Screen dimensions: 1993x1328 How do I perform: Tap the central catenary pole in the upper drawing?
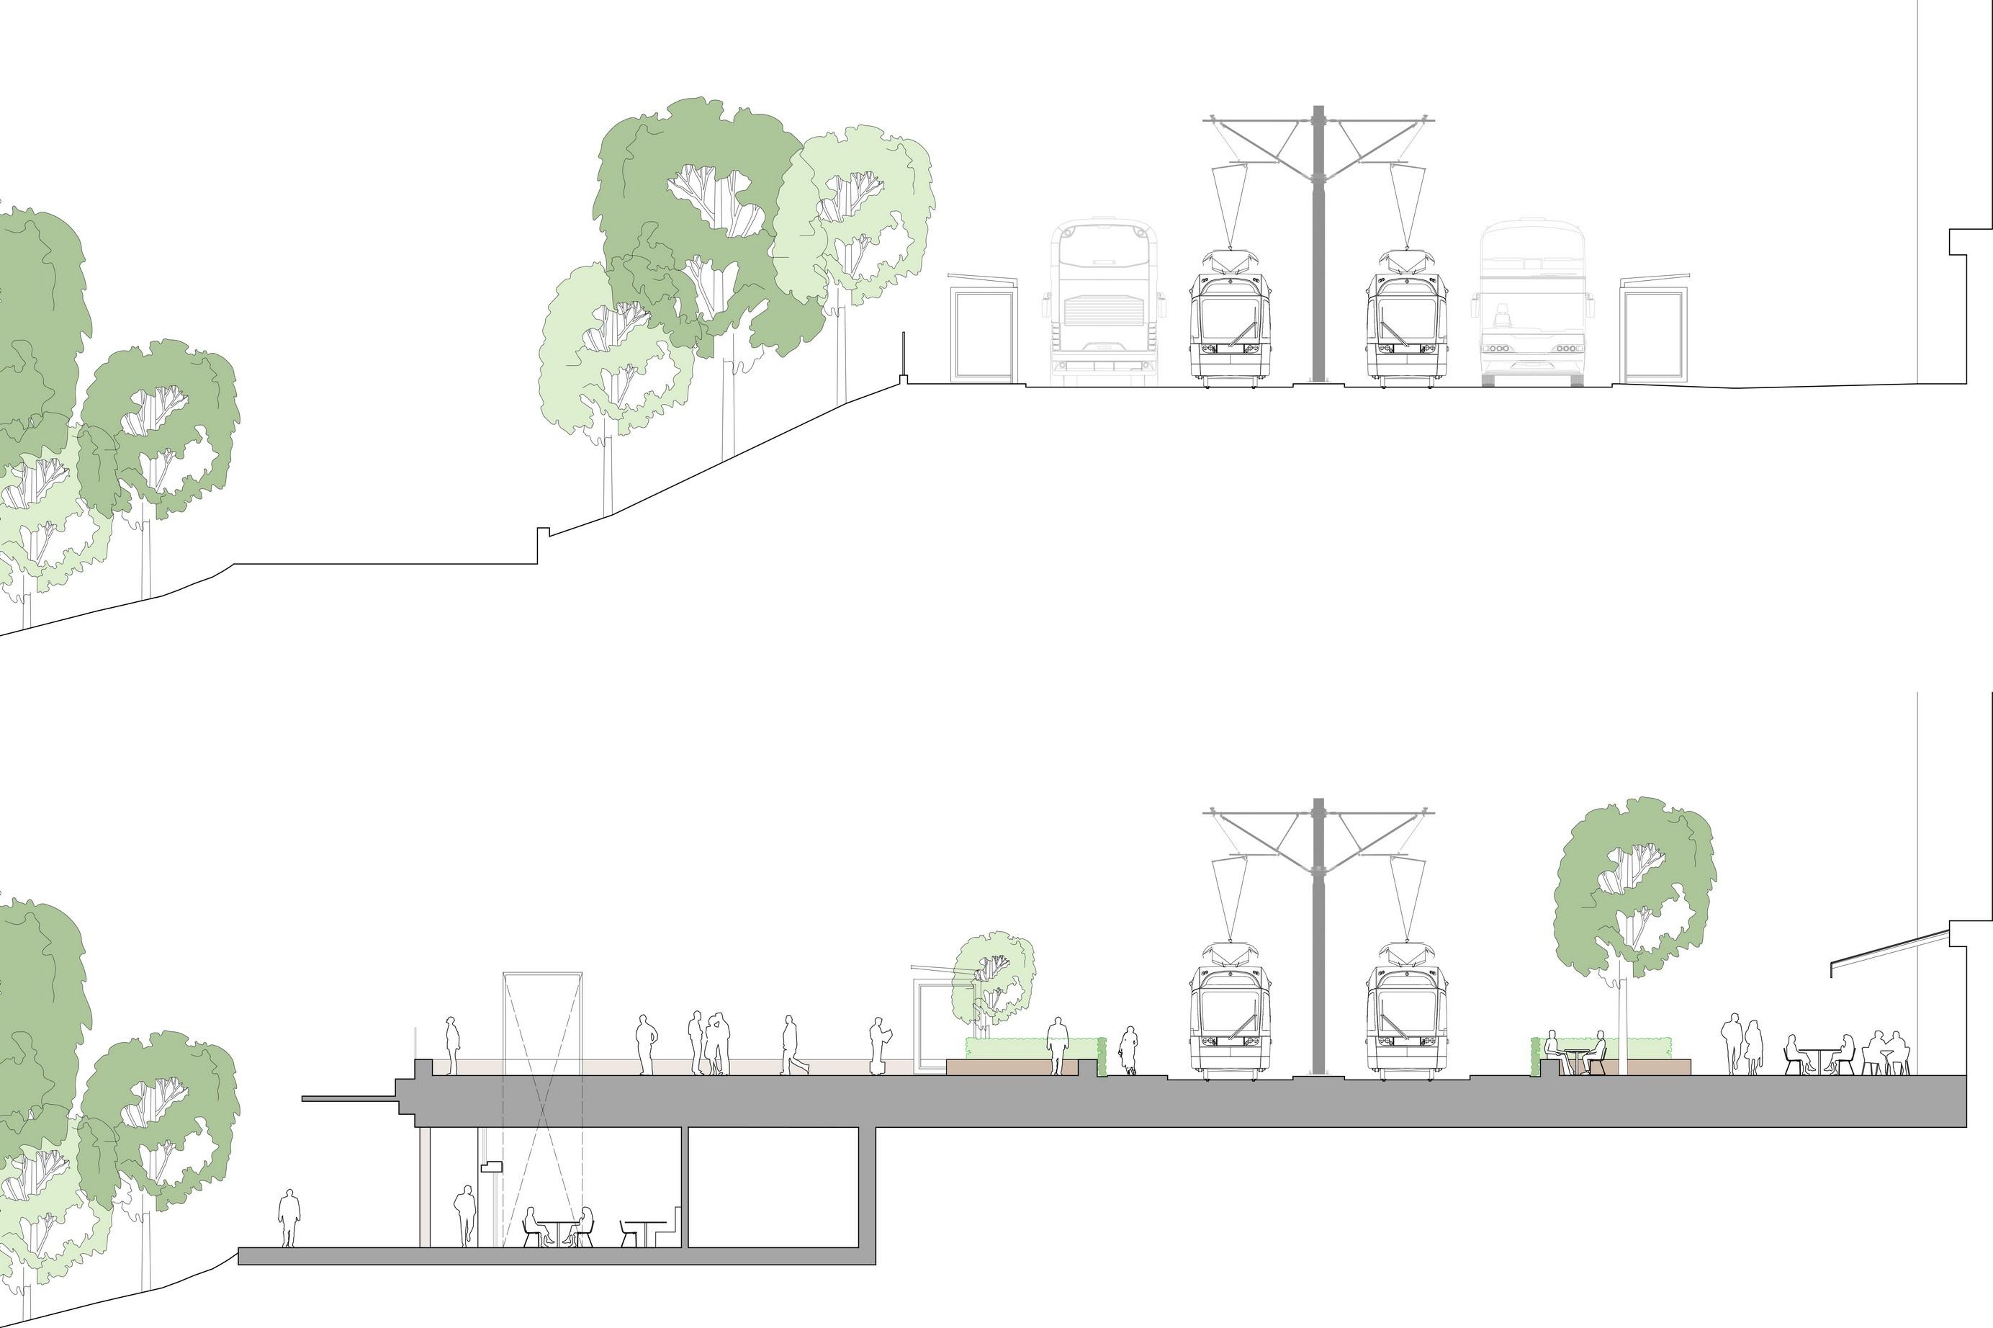[1318, 254]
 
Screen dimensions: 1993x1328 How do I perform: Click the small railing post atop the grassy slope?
[904, 356]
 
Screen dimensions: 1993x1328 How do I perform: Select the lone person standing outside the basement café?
[289, 1218]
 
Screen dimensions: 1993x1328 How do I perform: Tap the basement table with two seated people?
[558, 1228]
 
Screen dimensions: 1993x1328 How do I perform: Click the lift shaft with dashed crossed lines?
[543, 1101]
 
